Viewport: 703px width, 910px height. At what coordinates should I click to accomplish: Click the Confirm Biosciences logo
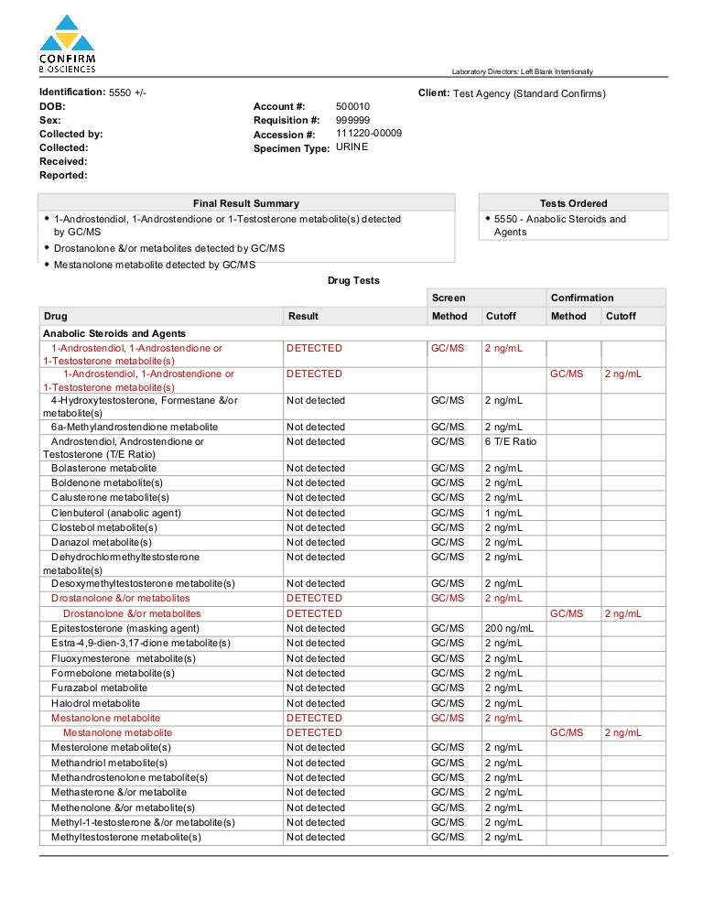[67, 44]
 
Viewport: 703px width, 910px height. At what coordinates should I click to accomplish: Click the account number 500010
[352, 107]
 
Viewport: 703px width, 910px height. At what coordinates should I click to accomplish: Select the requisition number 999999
[352, 121]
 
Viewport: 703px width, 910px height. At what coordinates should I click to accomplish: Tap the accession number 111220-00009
[369, 134]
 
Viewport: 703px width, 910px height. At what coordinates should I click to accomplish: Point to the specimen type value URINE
[352, 147]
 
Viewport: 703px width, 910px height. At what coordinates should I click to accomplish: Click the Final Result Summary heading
[245, 203]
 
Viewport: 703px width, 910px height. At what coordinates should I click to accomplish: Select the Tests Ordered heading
[573, 203]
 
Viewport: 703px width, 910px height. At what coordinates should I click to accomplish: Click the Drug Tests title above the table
[353, 280]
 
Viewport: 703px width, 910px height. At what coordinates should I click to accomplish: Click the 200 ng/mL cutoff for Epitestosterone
[509, 628]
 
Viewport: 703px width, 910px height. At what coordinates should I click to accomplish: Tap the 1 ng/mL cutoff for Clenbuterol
[503, 513]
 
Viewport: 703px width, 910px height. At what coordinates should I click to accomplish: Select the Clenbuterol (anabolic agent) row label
[115, 513]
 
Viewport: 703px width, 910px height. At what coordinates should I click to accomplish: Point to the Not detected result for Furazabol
[315, 688]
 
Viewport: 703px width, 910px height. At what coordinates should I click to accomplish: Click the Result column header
[303, 316]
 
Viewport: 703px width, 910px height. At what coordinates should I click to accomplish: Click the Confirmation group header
[582, 298]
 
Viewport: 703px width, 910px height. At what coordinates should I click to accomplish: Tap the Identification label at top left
[71, 92]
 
